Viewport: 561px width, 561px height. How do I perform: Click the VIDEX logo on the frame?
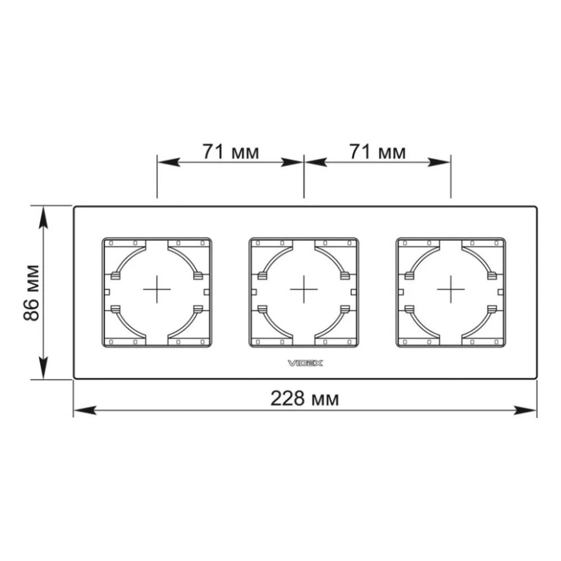(x=305, y=363)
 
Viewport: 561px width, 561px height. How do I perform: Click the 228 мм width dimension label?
(x=305, y=398)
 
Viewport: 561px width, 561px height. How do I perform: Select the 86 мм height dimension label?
(x=31, y=293)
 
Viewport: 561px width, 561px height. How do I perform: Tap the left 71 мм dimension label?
(x=231, y=151)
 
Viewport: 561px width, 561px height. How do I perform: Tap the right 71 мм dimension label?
(x=378, y=151)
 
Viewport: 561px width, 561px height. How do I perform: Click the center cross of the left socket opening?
(x=157, y=289)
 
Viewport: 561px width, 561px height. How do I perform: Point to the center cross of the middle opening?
(x=304, y=289)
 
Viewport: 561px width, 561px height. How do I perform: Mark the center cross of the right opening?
(x=451, y=289)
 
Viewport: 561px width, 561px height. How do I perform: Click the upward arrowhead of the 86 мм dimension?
(x=43, y=217)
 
